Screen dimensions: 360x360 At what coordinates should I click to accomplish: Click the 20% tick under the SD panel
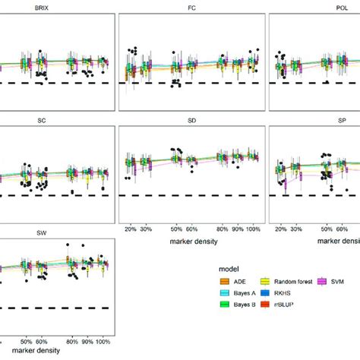(130, 229)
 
